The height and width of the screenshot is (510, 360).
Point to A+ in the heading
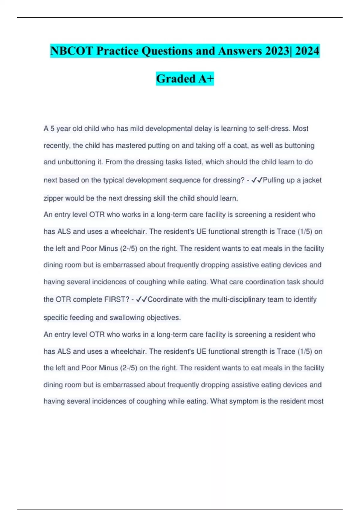(x=206, y=79)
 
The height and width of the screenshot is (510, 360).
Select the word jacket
(x=312, y=180)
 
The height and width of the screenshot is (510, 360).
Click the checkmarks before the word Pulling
(x=257, y=180)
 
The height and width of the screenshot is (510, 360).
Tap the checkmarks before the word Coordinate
(x=142, y=299)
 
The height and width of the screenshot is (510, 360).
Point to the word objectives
(x=163, y=317)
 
